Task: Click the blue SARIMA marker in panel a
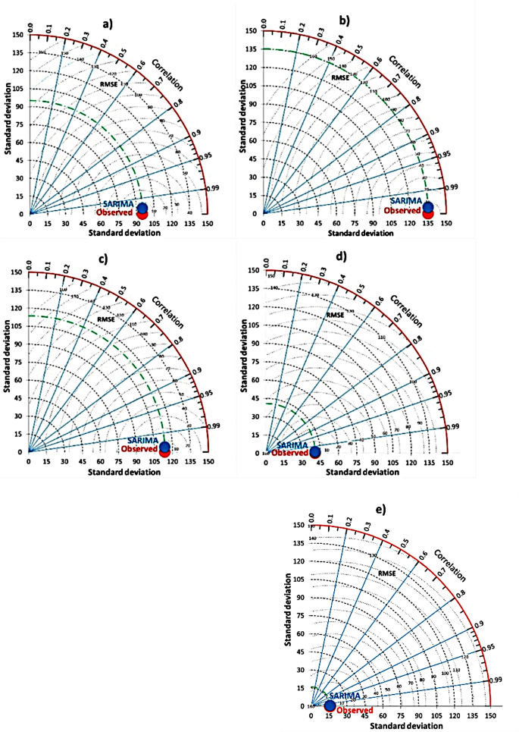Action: pos(142,208)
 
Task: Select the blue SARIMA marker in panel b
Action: pos(428,207)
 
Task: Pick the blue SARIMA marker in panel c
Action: pos(165,446)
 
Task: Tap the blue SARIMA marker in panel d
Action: pos(314,452)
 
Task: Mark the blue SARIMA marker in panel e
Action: pos(330,705)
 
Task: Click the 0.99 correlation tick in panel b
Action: pos(451,187)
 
